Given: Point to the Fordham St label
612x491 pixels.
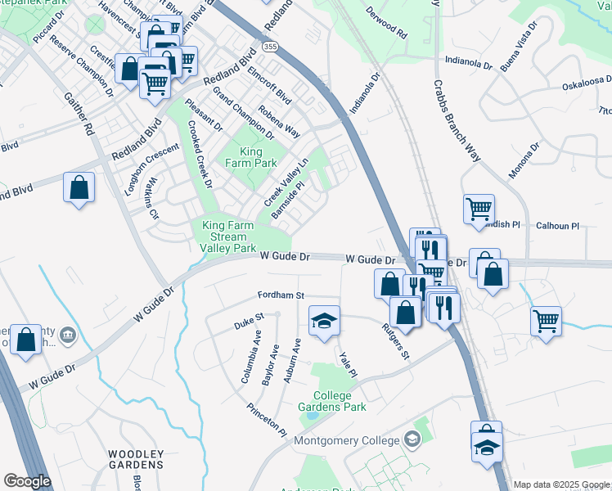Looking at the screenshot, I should (281, 295).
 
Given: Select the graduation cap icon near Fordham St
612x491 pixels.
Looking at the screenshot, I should (324, 322).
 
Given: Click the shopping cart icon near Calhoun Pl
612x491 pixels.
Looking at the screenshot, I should (479, 208).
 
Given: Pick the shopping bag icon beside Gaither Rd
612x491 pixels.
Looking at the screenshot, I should (79, 187).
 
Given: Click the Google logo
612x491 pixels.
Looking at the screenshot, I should (27, 481).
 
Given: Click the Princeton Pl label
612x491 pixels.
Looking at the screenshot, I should (267, 419).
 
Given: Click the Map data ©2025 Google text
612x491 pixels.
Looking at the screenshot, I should (561, 484).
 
